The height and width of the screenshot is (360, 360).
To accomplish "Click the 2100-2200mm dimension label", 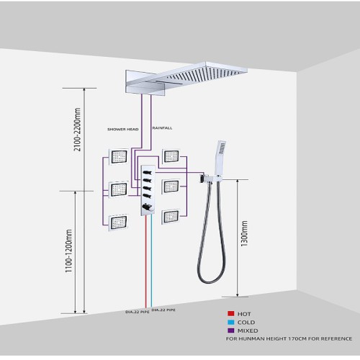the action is [77, 130].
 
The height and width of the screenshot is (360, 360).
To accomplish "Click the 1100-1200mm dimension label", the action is [68, 251].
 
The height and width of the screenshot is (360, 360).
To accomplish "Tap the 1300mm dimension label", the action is [244, 233].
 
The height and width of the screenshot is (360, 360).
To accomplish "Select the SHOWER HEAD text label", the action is [123, 130].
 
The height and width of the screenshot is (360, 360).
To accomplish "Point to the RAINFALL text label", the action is [163, 128].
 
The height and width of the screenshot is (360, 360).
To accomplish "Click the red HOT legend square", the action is [231, 313].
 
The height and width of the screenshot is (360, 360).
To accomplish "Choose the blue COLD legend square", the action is [231, 322].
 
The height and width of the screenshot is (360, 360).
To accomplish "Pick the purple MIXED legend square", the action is [231, 330].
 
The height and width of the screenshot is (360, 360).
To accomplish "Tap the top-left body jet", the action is [119, 157].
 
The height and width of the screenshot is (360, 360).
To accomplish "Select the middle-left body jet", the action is [119, 189].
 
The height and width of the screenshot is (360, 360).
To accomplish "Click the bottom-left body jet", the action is [119, 222].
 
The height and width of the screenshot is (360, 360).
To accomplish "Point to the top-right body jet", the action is [171, 156].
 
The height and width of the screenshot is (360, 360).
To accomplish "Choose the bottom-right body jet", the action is [171, 217].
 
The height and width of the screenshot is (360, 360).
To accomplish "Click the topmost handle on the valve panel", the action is [147, 172].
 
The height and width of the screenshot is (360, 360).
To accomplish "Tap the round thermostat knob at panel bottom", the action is [146, 207].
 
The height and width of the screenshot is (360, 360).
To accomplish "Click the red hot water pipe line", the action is [145, 261].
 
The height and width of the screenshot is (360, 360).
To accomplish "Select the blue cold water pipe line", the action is [151, 261].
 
